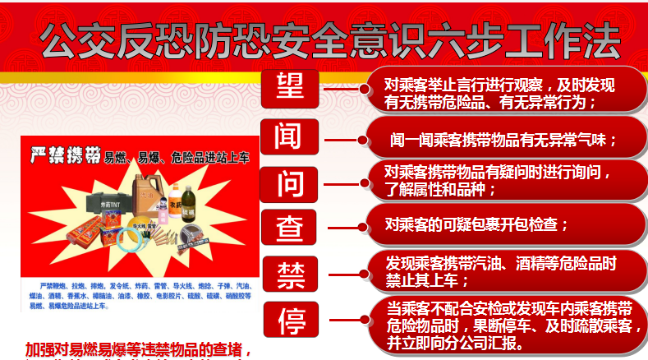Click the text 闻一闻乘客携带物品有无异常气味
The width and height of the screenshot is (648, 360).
point(503,141)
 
